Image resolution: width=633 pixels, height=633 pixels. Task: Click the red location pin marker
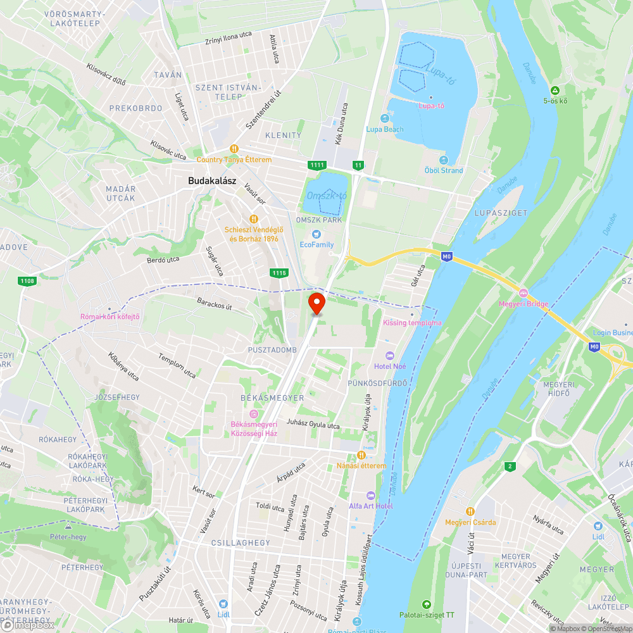(x=316, y=303)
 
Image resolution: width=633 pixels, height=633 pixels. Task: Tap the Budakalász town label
(x=212, y=181)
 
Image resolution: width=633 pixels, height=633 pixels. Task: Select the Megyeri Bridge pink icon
(x=523, y=293)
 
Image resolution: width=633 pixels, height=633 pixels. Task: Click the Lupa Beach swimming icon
(x=384, y=118)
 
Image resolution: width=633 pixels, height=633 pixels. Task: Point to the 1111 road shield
(x=316, y=165)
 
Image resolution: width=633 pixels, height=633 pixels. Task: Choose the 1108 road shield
(x=27, y=280)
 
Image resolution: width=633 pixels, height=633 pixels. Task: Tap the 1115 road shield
(x=279, y=273)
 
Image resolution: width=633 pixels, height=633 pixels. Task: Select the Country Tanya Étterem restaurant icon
(x=234, y=148)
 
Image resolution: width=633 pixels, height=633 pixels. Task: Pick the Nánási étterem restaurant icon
(x=361, y=454)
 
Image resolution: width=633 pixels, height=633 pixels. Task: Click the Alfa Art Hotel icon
(x=371, y=495)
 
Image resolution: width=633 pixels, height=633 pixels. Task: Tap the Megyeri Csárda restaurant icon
(x=470, y=511)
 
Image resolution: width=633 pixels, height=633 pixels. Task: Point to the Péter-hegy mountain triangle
(x=68, y=525)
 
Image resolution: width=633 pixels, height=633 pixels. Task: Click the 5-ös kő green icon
(x=555, y=90)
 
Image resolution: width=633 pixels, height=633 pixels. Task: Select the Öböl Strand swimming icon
(x=443, y=160)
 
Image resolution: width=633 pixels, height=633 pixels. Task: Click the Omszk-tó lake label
(x=327, y=196)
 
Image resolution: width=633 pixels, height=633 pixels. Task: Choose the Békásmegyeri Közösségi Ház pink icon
(x=253, y=413)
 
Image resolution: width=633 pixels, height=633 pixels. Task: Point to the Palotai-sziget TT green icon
(x=426, y=604)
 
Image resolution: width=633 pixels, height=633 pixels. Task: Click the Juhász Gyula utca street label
(x=313, y=425)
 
